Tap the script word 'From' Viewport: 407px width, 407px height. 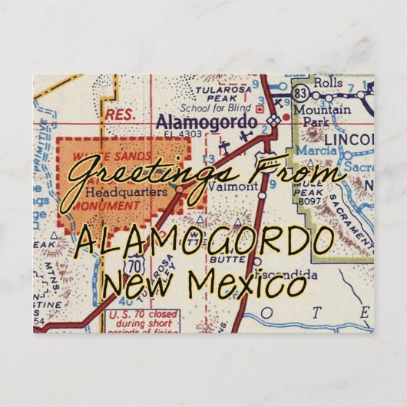coord(303,174)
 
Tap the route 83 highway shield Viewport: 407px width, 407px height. coord(302,94)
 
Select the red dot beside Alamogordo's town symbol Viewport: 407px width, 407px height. coord(286,118)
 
